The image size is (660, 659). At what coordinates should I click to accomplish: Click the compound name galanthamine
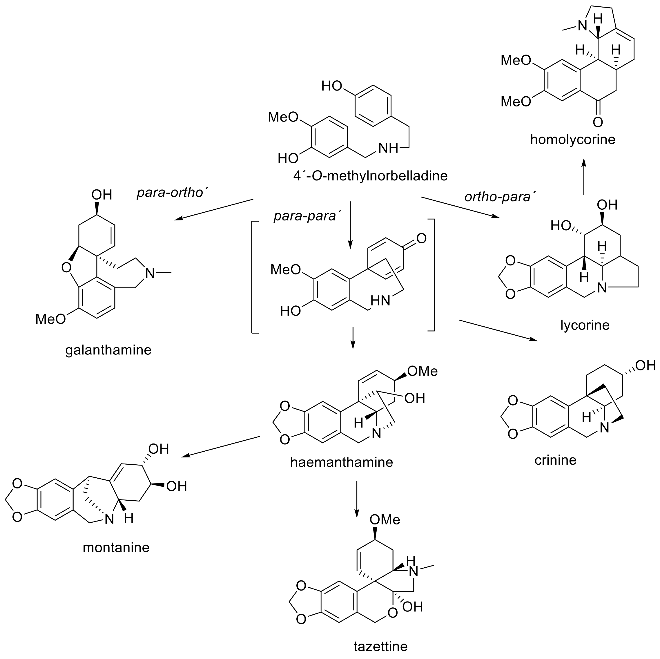[x=108, y=350]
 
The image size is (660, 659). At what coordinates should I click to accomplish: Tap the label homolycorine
[x=572, y=140]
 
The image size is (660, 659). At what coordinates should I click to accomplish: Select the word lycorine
[x=585, y=325]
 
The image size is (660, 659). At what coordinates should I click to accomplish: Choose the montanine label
[x=116, y=547]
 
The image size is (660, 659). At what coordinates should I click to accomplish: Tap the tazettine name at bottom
[x=380, y=646]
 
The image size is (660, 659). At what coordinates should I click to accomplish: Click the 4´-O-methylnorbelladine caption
[x=370, y=175]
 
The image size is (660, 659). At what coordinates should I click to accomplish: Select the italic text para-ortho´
[x=173, y=193]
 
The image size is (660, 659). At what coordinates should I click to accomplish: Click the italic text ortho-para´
[x=499, y=197]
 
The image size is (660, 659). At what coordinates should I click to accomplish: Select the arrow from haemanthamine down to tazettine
[x=357, y=499]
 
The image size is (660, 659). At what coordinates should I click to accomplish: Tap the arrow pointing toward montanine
[x=221, y=446]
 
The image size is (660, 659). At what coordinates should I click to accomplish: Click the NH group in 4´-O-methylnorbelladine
[x=388, y=148]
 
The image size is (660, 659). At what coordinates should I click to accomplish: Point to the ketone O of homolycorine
[x=597, y=122]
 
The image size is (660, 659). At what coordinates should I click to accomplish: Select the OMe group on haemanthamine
[x=422, y=371]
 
